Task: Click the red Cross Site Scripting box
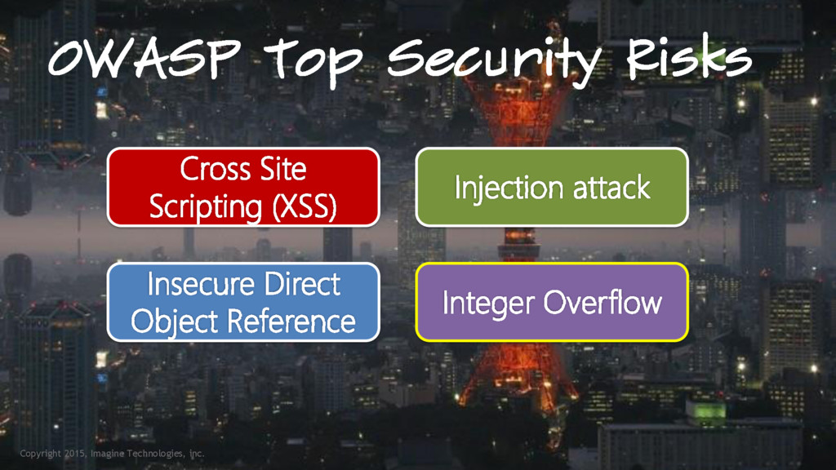coord(243,187)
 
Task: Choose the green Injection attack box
coord(552,187)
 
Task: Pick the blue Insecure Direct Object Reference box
coord(243,302)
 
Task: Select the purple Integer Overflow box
coord(552,302)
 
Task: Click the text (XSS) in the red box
coord(298,206)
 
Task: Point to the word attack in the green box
coord(611,188)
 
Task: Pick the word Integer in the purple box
coord(488,304)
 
